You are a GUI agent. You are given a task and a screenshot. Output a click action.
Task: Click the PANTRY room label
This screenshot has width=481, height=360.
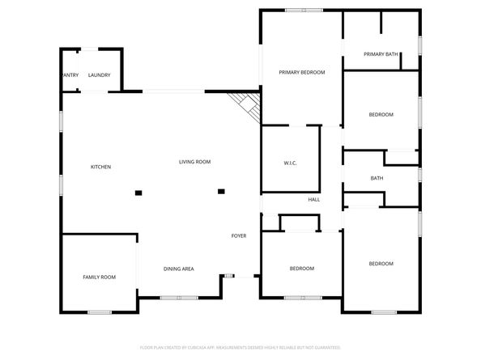(70, 75)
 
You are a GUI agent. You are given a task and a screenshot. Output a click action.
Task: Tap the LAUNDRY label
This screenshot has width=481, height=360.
(99, 75)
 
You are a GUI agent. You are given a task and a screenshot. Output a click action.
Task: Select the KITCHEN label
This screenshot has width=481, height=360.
(100, 167)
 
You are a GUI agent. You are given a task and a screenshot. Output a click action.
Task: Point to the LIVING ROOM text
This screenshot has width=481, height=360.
(194, 162)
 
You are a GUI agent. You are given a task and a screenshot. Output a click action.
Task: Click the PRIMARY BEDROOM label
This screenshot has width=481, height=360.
(301, 73)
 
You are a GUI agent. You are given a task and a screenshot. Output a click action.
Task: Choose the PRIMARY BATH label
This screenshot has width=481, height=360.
(381, 54)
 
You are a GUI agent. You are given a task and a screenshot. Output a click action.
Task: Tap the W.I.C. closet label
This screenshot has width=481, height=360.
(290, 163)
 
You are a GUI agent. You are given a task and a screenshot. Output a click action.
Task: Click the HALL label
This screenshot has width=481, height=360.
(313, 200)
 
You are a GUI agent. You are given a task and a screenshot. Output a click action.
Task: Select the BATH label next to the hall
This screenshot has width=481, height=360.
(377, 178)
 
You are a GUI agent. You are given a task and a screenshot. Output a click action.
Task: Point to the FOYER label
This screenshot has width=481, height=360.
(238, 235)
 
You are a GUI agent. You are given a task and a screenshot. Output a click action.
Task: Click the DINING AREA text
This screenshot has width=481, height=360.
(178, 269)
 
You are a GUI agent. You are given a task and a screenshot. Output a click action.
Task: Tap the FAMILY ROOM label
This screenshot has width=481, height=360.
(99, 277)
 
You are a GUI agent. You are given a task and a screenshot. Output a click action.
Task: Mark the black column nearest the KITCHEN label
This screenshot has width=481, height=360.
(138, 193)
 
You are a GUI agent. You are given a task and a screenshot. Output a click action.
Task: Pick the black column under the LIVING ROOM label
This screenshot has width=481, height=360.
(220, 191)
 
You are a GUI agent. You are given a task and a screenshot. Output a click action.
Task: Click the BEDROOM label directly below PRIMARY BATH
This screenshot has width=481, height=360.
(381, 115)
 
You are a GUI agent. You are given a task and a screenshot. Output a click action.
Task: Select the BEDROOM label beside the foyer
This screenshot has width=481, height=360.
(301, 268)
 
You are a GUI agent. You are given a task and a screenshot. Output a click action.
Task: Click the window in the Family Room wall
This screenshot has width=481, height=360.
(99, 312)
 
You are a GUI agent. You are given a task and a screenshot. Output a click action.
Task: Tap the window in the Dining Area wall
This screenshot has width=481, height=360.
(179, 298)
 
